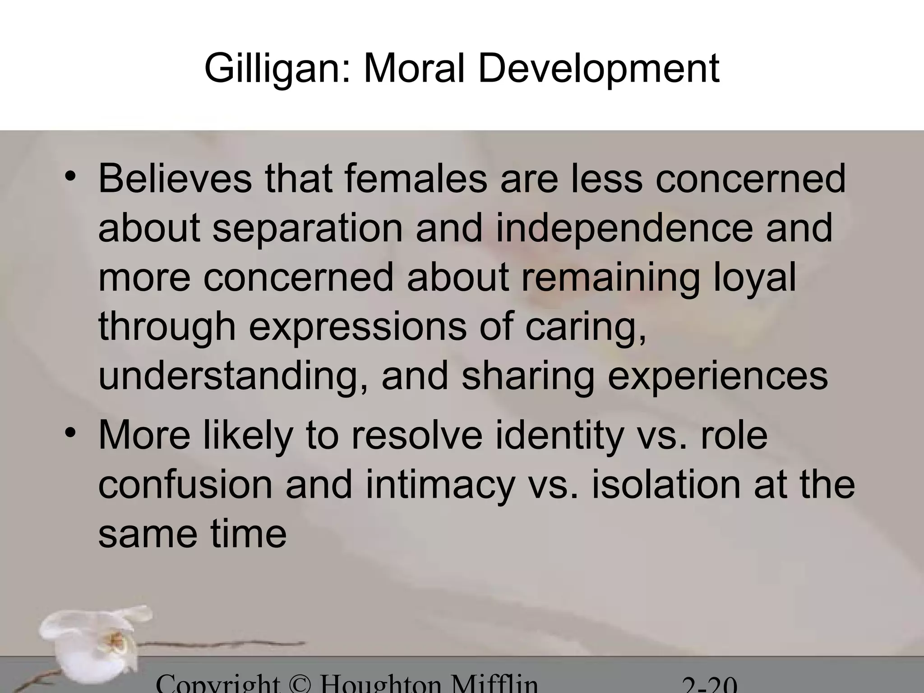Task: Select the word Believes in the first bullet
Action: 175,180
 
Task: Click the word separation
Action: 307,229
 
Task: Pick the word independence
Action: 624,229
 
